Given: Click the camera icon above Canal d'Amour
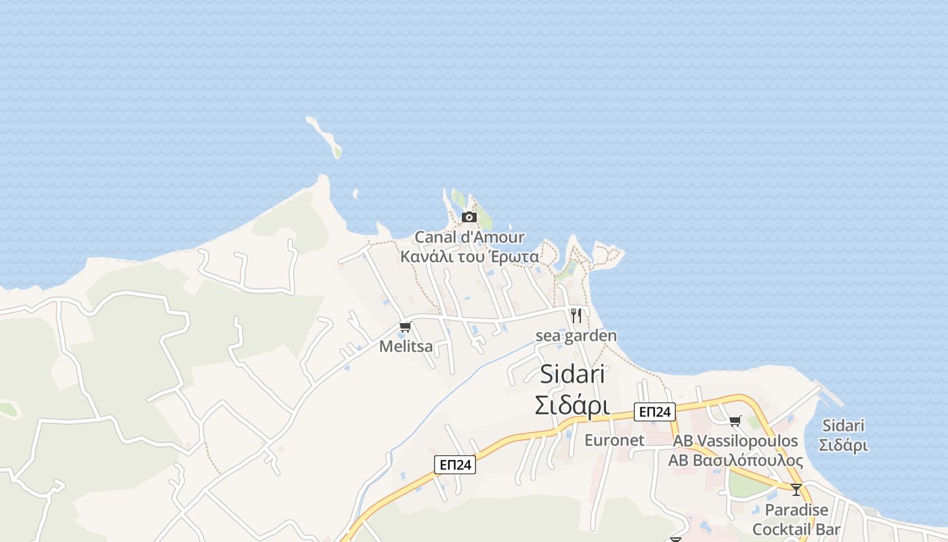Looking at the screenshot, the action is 469,217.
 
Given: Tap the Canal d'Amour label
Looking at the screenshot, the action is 469,237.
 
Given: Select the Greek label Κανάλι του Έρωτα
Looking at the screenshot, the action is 469,257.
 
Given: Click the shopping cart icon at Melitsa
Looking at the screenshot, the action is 405,327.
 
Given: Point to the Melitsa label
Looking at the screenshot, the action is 406,346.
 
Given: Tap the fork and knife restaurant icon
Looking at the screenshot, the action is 576,315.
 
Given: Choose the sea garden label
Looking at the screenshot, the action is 576,335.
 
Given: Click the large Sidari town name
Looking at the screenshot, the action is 572,375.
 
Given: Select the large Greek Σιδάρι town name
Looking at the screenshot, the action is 572,405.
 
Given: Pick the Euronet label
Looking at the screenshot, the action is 614,440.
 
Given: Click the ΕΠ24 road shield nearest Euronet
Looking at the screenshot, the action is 654,411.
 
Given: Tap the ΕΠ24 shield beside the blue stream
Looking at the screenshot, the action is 454,464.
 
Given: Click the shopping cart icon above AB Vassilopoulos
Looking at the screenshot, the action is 735,421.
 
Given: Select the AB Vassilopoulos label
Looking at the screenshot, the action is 735,441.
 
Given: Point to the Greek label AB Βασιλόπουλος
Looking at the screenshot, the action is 735,461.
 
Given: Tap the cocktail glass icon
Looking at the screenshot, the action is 796,489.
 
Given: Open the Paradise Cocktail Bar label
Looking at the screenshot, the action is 796,520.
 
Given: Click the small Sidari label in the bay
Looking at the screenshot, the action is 843,426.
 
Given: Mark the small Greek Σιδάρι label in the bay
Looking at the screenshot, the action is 843,446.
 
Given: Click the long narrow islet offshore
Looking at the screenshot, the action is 324,136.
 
